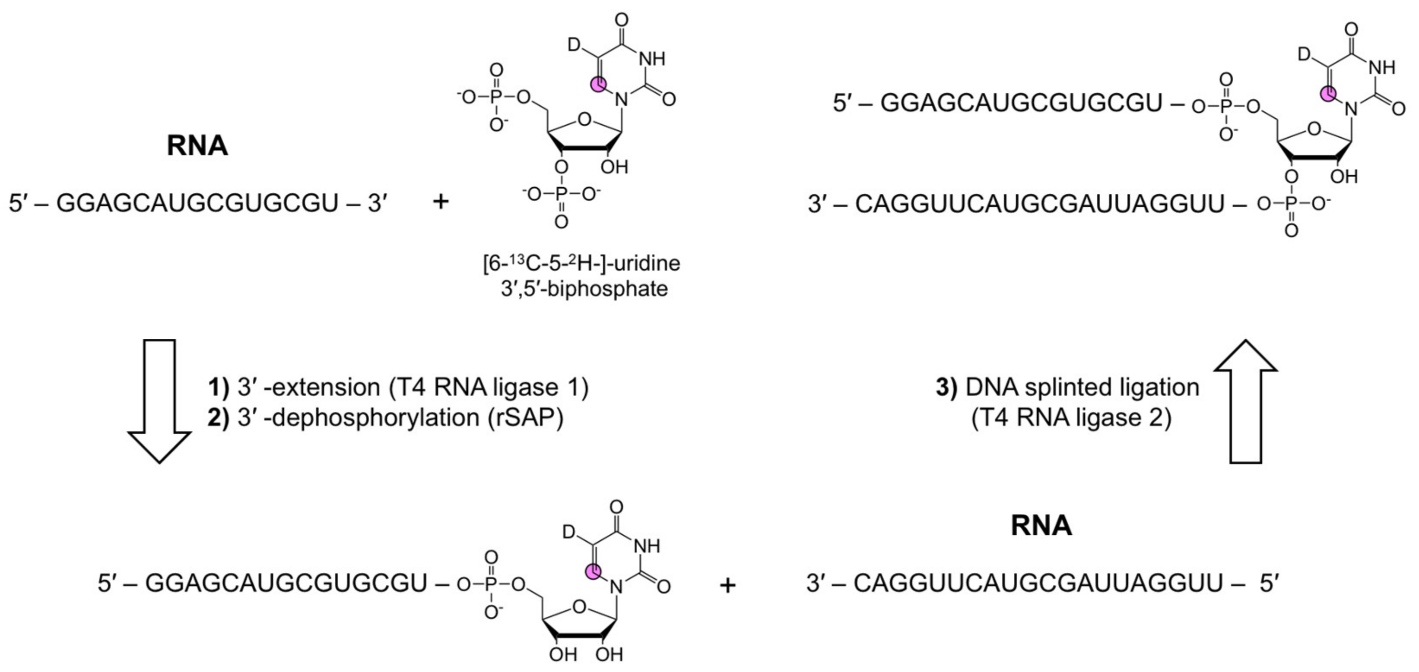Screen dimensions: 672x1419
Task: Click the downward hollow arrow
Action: pos(160,402)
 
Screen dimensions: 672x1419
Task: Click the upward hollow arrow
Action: pos(1246,402)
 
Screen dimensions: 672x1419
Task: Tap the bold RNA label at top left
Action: pos(197,146)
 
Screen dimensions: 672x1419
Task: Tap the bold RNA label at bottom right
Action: pos(1041,525)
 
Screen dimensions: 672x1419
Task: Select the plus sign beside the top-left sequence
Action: pos(440,202)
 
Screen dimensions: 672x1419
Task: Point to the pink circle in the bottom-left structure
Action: pos(593,572)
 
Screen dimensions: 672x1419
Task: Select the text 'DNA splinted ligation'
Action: pos(1083,388)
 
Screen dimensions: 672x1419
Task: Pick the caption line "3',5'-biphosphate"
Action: pos(584,288)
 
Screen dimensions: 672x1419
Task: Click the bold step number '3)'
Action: pos(946,388)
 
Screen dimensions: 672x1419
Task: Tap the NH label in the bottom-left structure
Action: pos(647,546)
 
